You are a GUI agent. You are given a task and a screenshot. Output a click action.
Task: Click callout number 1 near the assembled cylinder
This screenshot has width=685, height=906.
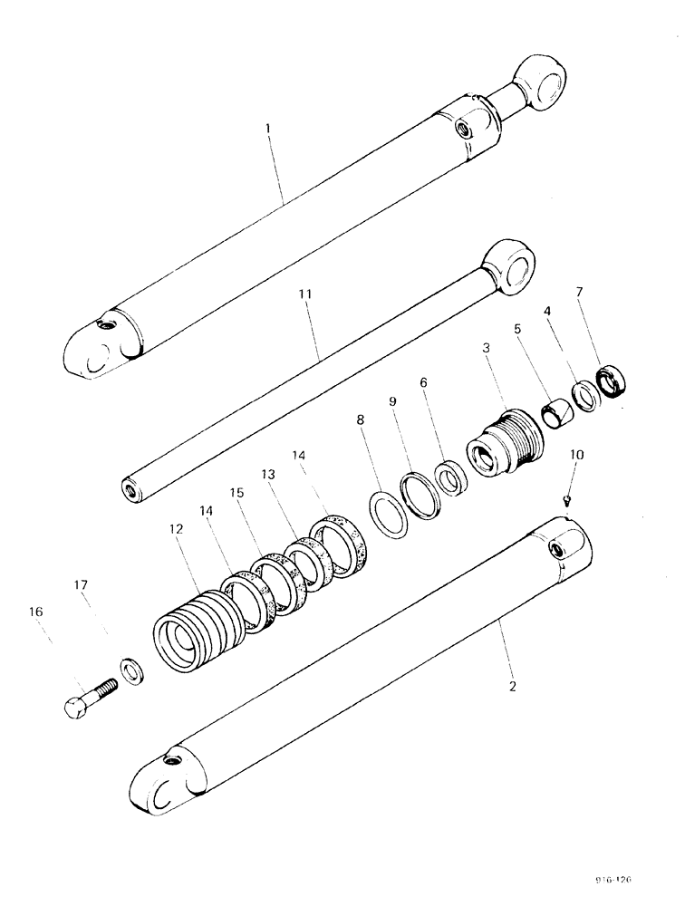268,130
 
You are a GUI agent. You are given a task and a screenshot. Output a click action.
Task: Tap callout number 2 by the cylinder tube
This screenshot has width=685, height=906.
513,686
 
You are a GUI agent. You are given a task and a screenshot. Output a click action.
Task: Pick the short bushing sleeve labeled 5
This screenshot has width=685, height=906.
558,416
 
